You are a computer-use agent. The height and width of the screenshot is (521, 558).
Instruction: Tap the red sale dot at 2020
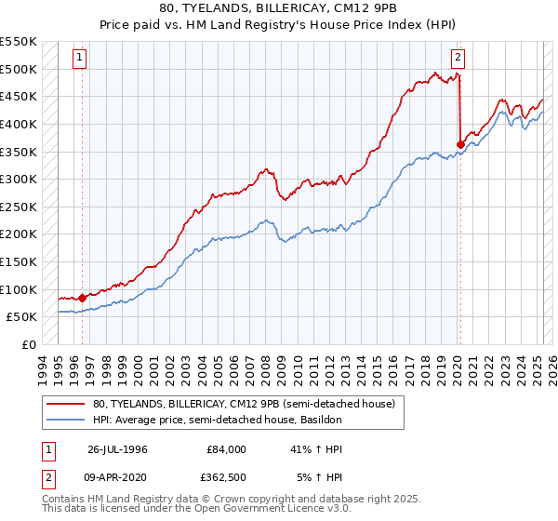coord(460,144)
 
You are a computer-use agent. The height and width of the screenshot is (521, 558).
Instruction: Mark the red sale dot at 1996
coord(82,298)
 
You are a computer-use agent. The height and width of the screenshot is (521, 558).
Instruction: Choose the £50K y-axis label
coord(22,317)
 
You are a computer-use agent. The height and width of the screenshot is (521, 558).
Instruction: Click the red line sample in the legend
coord(66,404)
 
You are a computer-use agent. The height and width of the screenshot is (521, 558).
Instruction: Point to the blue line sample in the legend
coord(66,420)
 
